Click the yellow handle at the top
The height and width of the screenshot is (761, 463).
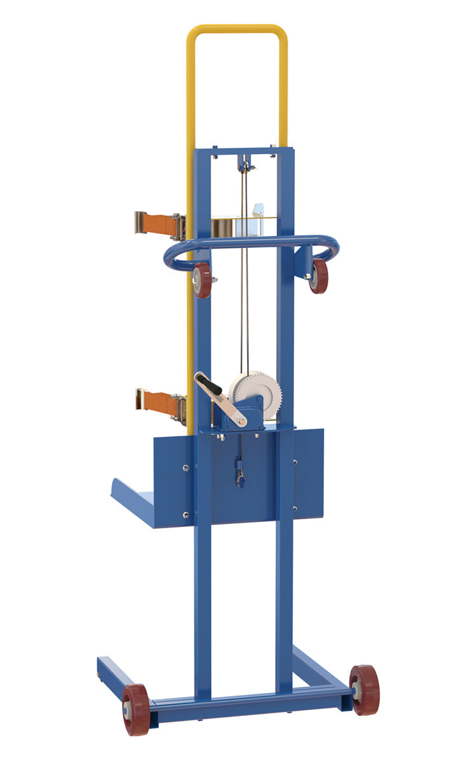pos(236,29)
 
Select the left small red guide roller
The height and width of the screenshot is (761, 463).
pos(202,280)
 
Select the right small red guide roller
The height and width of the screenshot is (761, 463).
pos(319,276)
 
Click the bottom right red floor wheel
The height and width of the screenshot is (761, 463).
pos(364,690)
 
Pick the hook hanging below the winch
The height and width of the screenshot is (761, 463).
pos(241,476)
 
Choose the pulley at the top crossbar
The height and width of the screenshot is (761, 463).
pos(243,166)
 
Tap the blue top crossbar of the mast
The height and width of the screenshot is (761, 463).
pos(245,152)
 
